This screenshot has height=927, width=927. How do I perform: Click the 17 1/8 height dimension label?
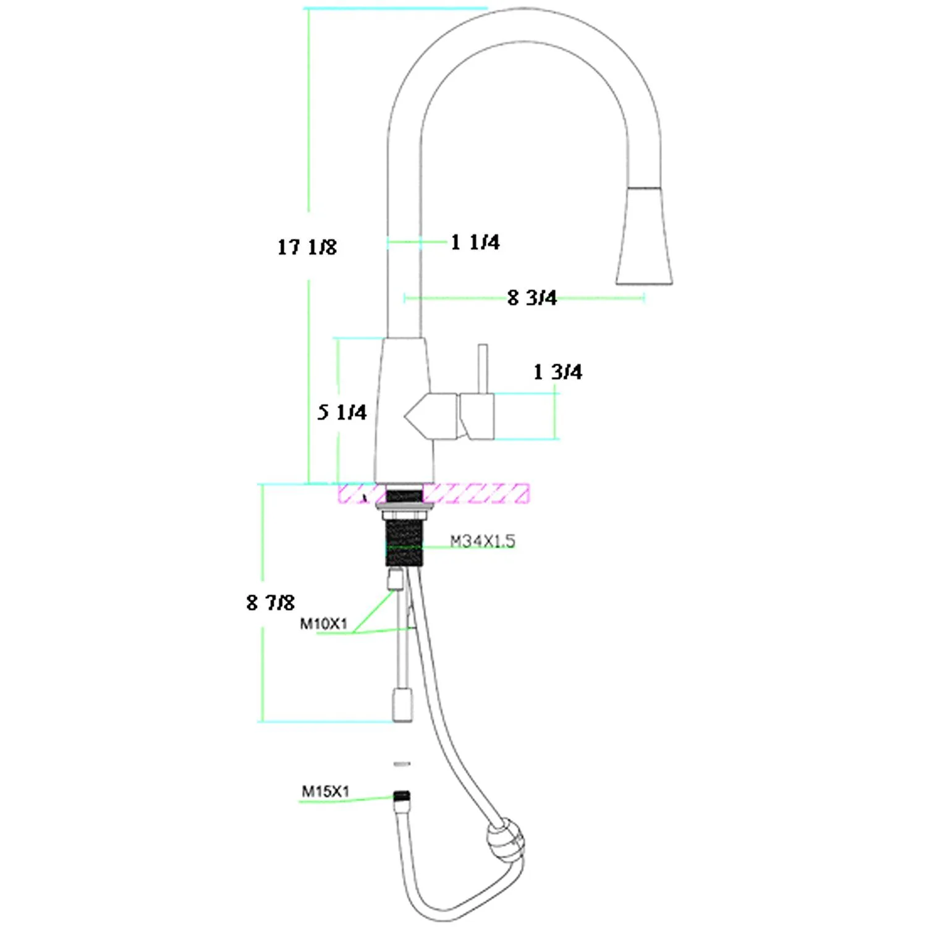(x=307, y=247)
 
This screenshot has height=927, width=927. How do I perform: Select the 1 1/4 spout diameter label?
(x=475, y=242)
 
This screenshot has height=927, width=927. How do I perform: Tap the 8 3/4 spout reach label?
(x=531, y=298)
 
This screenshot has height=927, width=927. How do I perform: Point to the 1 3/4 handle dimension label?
(x=557, y=372)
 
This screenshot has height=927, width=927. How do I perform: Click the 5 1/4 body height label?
(x=342, y=412)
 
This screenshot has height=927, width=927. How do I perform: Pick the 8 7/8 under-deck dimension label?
(x=270, y=603)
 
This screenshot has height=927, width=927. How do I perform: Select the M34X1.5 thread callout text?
(x=482, y=541)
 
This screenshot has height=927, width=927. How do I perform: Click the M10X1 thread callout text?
(x=324, y=624)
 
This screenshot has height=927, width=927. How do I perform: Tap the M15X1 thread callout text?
(x=325, y=791)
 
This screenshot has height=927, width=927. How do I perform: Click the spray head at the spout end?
(x=644, y=238)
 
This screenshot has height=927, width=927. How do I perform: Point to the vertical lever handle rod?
(x=483, y=368)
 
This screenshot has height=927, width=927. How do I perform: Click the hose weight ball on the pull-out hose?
(x=505, y=839)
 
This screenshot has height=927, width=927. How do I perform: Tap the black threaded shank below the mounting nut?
(x=404, y=543)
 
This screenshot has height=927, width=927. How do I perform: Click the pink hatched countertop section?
(x=476, y=494)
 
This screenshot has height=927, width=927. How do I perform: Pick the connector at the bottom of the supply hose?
(x=402, y=706)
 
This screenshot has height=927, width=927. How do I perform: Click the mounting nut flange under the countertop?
(x=404, y=510)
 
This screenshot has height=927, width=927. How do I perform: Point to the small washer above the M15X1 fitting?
(x=402, y=764)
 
